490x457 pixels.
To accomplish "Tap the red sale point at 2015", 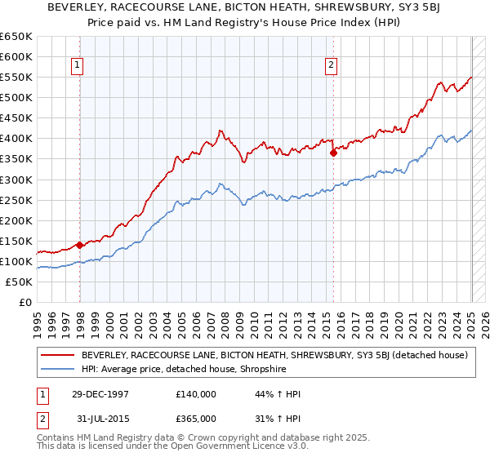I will point(333,152).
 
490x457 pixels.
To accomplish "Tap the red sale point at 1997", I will point(79,244).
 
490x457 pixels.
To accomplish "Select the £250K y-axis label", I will point(16,200).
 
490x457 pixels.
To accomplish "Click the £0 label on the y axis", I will point(24,302).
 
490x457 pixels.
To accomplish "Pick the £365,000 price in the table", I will point(196,418).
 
